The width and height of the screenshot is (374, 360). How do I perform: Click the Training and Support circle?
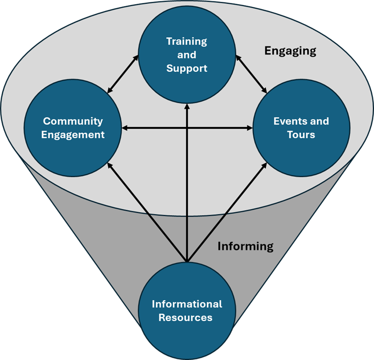[186, 55]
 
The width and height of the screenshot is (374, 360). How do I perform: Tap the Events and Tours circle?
[301, 128]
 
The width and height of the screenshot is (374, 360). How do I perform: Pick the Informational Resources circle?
[187, 311]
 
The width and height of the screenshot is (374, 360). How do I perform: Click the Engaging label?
[290, 51]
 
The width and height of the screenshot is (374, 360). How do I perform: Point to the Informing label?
[245, 246]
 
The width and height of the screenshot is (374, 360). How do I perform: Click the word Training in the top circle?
[187, 41]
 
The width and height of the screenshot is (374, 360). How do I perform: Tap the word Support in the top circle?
[187, 69]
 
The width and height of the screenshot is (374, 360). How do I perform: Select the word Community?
[73, 121]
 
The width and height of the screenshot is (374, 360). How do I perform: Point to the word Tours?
[301, 135]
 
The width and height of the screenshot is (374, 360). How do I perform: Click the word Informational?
[187, 304]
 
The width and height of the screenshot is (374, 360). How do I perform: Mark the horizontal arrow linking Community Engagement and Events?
[187, 128]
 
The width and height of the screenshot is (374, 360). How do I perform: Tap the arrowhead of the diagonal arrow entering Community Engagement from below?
[110, 165]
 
